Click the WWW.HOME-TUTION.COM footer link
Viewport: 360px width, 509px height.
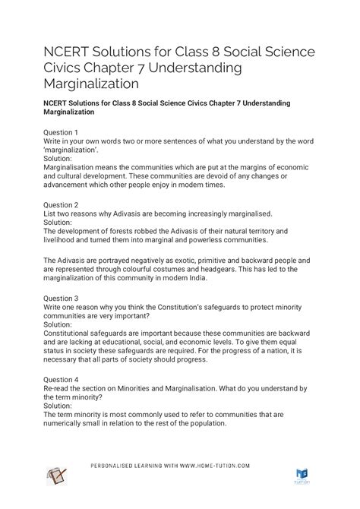[225, 465]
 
